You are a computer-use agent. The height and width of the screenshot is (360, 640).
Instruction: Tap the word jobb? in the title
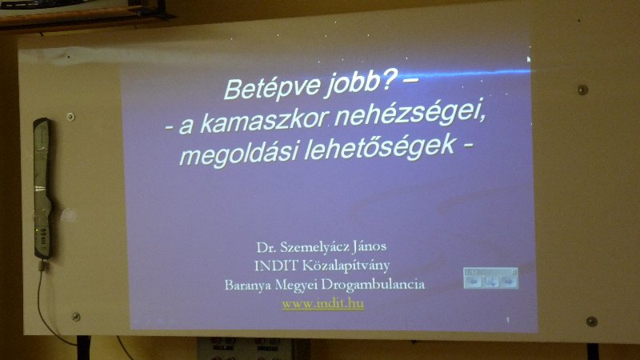tap(360, 83)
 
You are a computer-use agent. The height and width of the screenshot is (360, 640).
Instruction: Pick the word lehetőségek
tap(379, 147)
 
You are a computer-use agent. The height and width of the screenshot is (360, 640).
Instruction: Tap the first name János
tap(370, 246)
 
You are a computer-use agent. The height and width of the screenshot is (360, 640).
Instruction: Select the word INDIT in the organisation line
tap(276, 266)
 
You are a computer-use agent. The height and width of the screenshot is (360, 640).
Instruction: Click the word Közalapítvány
tap(346, 266)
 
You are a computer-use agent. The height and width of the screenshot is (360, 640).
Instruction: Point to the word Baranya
tap(248, 285)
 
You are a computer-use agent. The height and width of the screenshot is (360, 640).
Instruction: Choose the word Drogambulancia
tap(373, 285)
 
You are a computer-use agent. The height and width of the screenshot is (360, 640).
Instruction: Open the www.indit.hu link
tap(322, 304)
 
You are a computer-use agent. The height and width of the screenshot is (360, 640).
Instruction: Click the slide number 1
tap(508, 321)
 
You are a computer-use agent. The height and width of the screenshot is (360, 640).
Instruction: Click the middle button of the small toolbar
tap(490, 282)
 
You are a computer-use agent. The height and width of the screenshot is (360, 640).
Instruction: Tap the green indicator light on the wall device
tap(37, 231)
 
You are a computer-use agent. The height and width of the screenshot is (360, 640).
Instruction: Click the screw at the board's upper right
tap(582, 90)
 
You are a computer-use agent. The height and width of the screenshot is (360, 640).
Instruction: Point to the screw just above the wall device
tap(70, 117)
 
